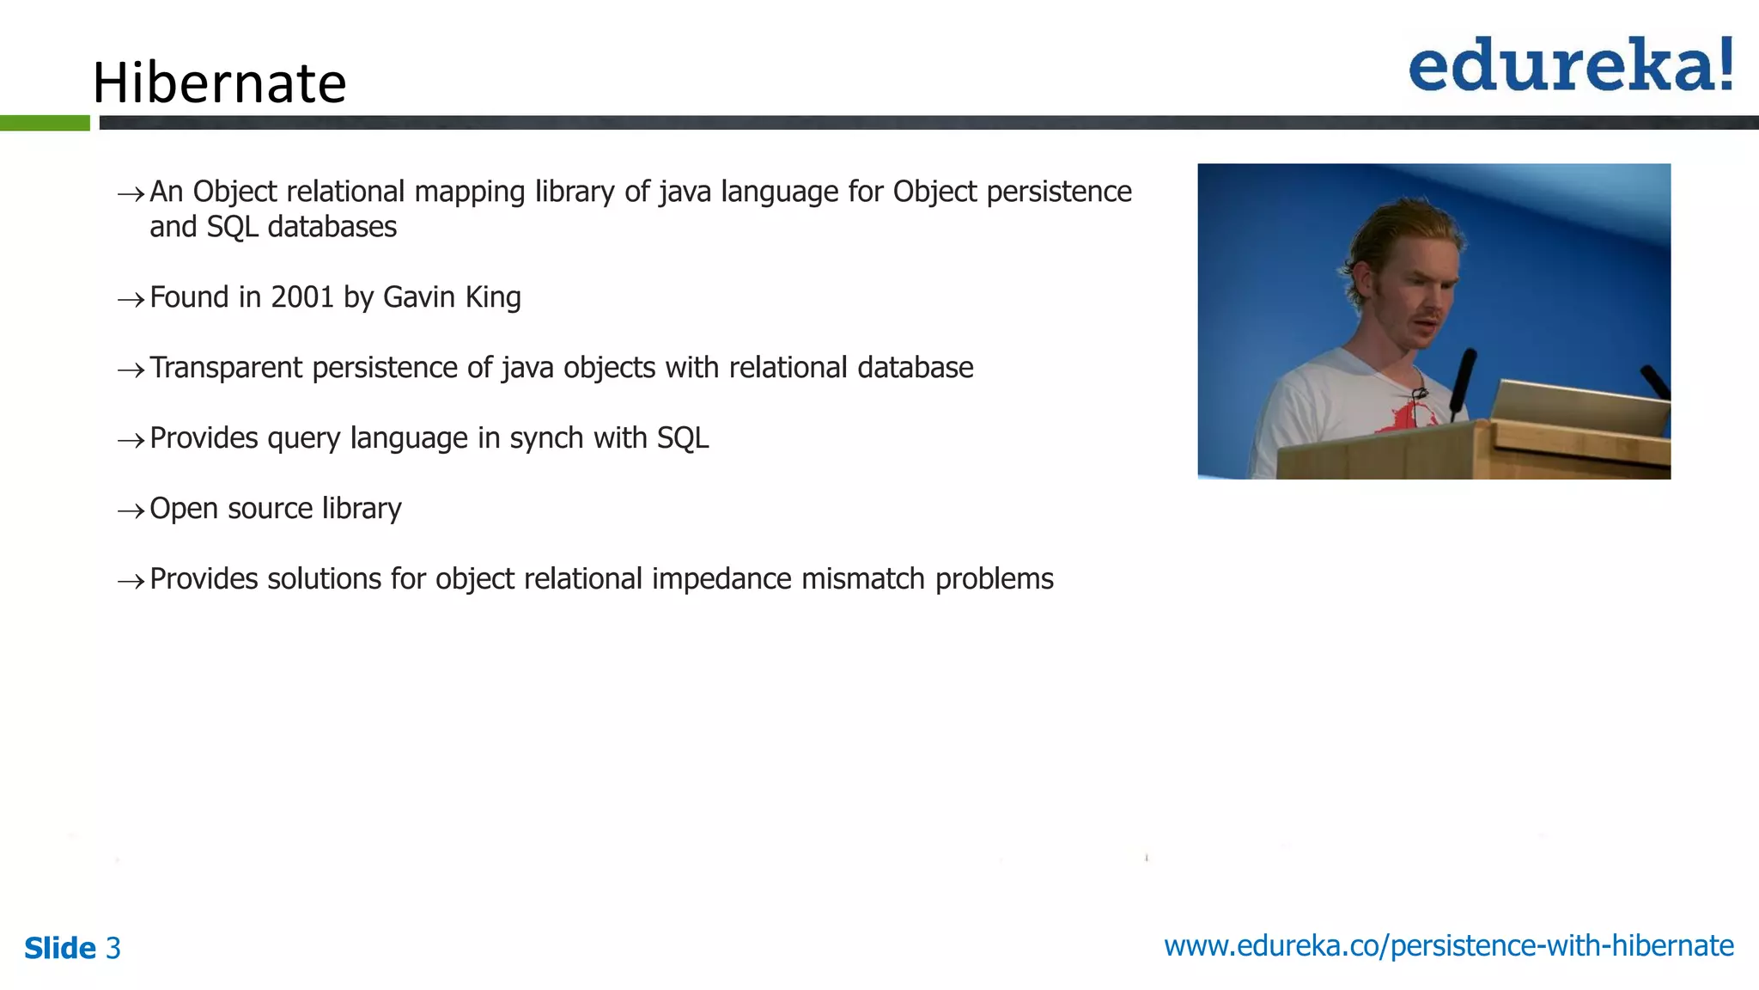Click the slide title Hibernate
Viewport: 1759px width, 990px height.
tap(219, 83)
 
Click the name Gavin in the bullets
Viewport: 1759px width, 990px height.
tap(418, 297)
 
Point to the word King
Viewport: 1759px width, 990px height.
tap(493, 297)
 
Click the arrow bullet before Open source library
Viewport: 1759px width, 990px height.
tap(131, 511)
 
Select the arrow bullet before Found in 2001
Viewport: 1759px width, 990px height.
tap(131, 300)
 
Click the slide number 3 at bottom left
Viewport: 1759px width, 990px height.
tap(113, 949)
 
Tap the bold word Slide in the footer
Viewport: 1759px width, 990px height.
tap(59, 949)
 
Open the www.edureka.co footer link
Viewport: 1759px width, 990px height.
tap(1448, 946)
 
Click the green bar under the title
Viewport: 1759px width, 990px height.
tap(45, 123)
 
